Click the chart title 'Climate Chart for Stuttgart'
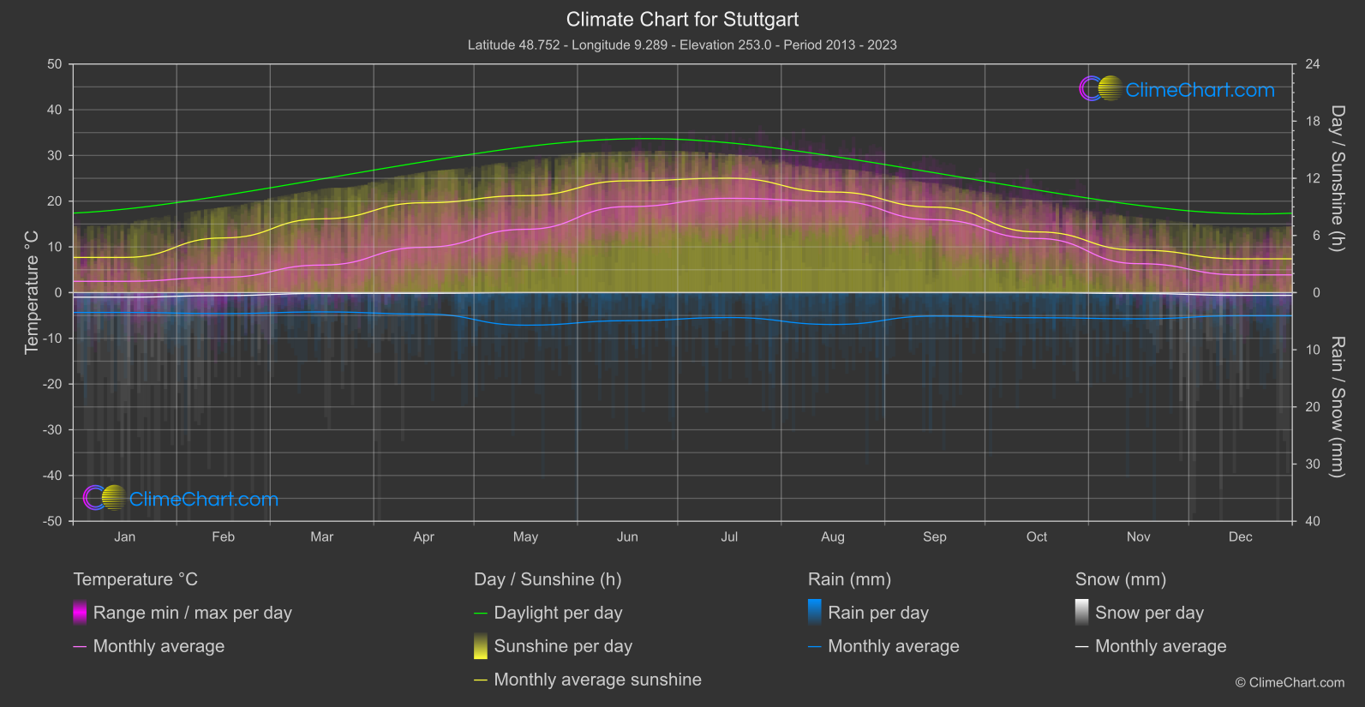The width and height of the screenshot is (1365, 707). pos(682,19)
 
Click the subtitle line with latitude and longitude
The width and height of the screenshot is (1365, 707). pos(682,45)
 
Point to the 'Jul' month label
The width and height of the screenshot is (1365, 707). pos(729,536)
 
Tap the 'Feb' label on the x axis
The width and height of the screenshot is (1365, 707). pos(223,536)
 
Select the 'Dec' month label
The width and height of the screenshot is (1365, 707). pos(1240,536)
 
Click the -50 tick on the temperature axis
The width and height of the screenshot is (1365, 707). pos(53,521)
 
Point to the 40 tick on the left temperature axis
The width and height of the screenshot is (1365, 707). pos(55,110)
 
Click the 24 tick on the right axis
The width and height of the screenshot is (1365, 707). pos(1312,64)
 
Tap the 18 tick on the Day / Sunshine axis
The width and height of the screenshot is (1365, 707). pos(1312,122)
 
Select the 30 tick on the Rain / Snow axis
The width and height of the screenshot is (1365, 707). pos(1312,464)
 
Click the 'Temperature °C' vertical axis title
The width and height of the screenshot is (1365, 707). pos(32,291)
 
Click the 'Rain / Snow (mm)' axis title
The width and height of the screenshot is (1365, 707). pos(1337,406)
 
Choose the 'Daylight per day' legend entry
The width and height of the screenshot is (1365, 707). pos(558,613)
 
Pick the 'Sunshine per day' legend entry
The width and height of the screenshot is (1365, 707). pos(562,646)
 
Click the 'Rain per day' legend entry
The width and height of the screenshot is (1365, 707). pos(877,613)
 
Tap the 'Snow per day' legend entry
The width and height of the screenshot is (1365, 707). pos(1148,613)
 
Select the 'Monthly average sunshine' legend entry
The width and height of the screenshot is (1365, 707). pos(597,680)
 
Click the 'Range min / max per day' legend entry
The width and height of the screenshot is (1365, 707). pos(192,613)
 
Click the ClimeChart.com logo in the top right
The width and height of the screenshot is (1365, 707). pos(1177,89)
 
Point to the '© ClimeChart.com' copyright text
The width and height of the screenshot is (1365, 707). pos(1290,682)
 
